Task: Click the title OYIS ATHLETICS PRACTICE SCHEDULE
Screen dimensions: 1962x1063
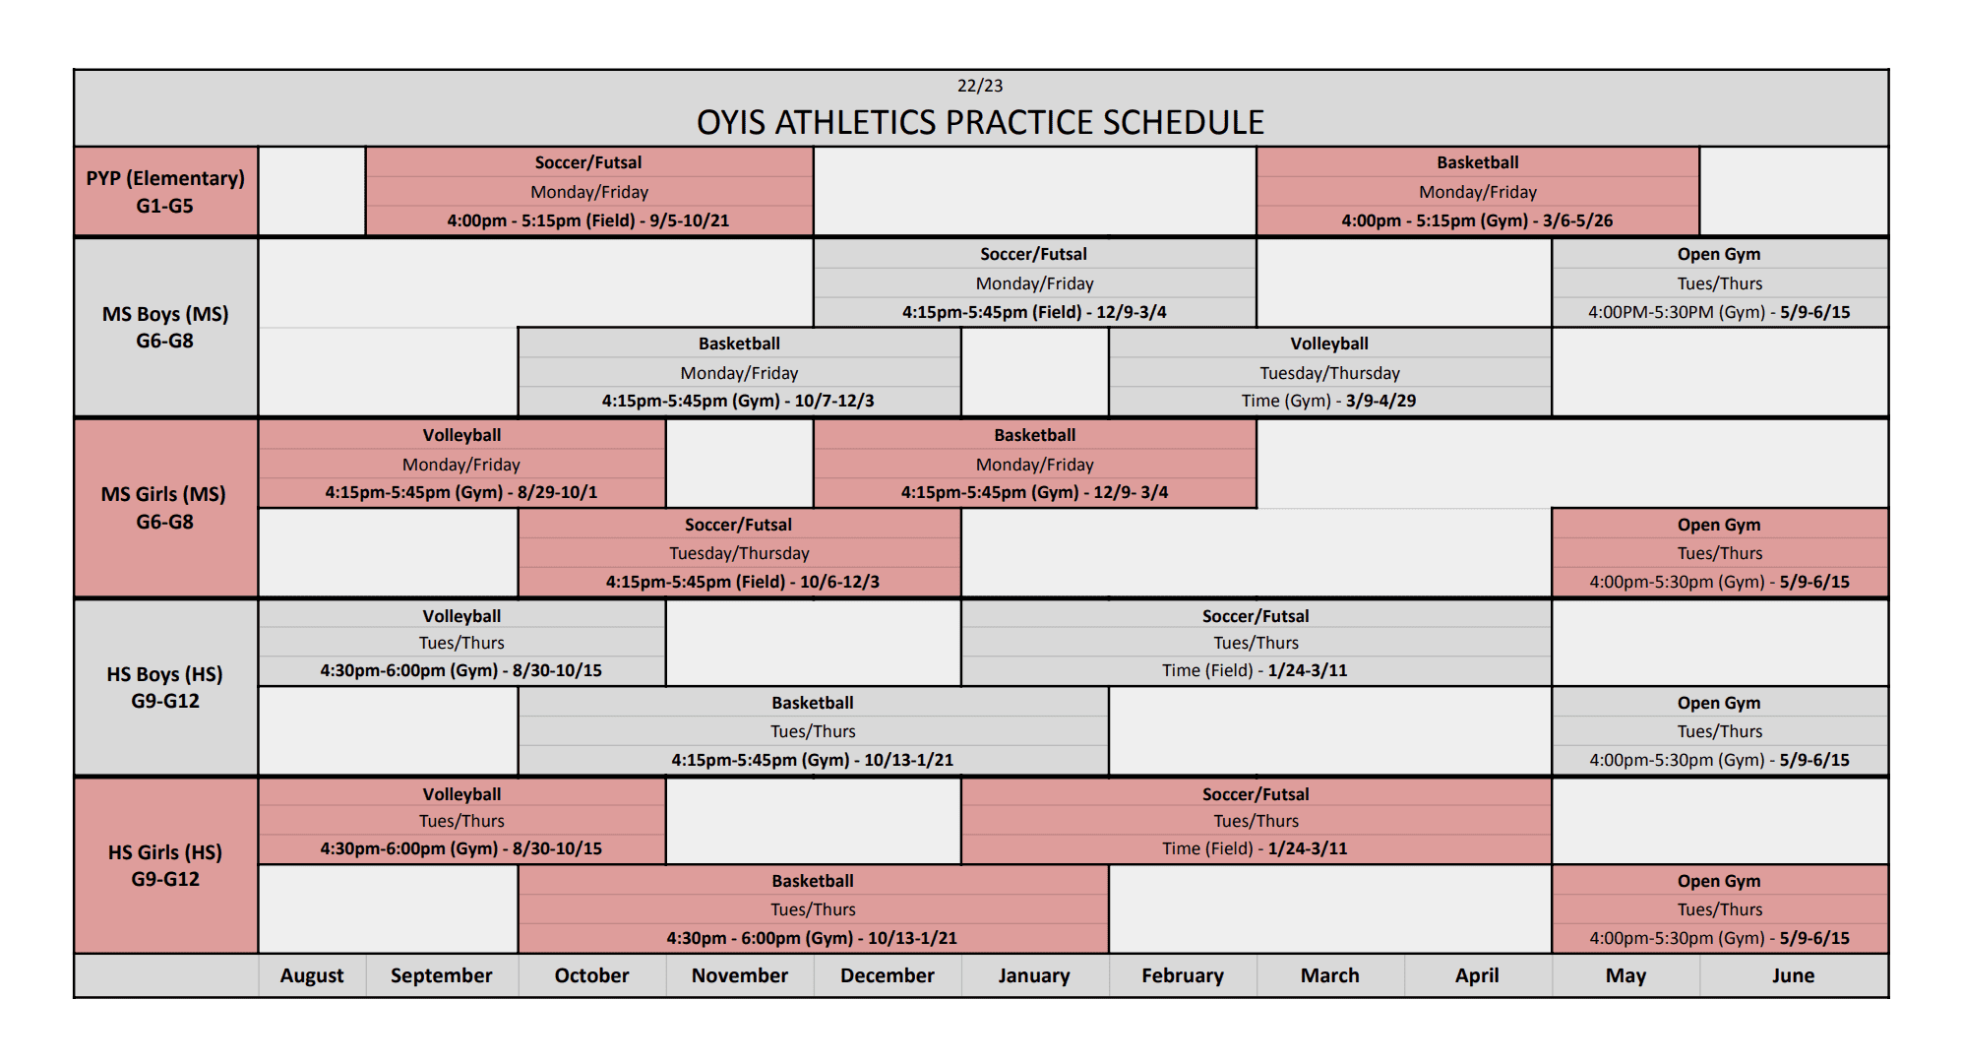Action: pyautogui.click(x=980, y=122)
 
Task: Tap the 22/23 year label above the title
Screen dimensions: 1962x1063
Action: pyautogui.click(x=980, y=86)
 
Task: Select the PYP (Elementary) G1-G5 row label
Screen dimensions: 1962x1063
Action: pyautogui.click(x=165, y=192)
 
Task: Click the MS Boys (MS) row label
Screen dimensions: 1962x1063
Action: pyautogui.click(x=165, y=314)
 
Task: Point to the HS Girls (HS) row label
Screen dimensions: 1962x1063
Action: pyautogui.click(x=165, y=852)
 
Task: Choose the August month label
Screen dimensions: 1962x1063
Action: pyautogui.click(x=312, y=975)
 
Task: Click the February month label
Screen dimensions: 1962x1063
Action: pyautogui.click(x=1183, y=975)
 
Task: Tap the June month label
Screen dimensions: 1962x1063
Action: pyautogui.click(x=1793, y=975)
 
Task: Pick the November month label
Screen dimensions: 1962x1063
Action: pyautogui.click(x=740, y=975)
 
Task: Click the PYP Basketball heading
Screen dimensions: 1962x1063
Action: pyautogui.click(x=1478, y=162)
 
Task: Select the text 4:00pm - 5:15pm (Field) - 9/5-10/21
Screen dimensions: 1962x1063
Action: pyautogui.click(x=588, y=220)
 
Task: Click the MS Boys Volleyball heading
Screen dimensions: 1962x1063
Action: pyautogui.click(x=1329, y=344)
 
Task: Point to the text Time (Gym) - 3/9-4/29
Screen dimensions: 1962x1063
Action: pyautogui.click(x=1329, y=401)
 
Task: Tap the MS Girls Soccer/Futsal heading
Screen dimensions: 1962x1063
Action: pyautogui.click(x=739, y=525)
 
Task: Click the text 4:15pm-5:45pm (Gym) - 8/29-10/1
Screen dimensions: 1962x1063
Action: pyautogui.click(x=461, y=492)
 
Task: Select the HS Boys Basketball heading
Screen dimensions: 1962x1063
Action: pyautogui.click(x=813, y=703)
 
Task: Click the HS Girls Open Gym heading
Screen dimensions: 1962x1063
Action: pyautogui.click(x=1719, y=881)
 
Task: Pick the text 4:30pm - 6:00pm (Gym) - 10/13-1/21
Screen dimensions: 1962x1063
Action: pyautogui.click(x=812, y=938)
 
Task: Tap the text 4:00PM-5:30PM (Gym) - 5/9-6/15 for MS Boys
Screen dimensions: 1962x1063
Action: pyautogui.click(x=1719, y=312)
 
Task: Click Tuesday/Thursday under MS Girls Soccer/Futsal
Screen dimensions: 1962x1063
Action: pyautogui.click(x=739, y=553)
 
